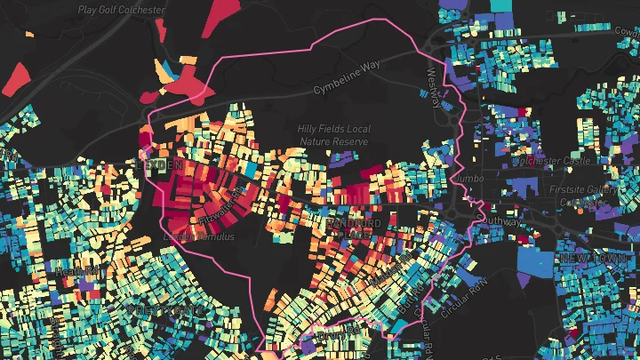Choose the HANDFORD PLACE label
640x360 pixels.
(x=353, y=227)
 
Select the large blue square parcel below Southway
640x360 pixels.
(x=540, y=256)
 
